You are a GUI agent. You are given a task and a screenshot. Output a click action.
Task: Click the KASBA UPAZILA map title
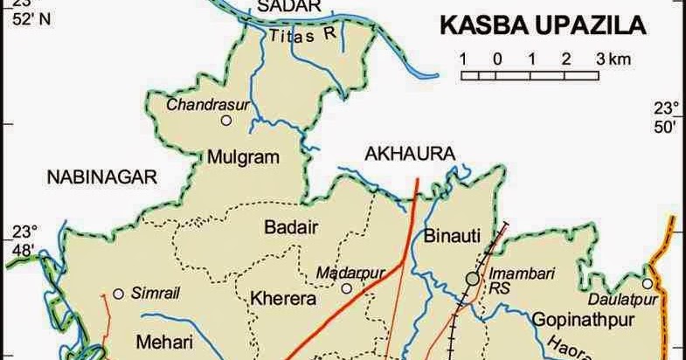click(542, 25)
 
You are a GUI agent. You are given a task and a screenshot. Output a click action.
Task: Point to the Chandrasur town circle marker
click(227, 121)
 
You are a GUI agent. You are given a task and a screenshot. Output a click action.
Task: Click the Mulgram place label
click(242, 157)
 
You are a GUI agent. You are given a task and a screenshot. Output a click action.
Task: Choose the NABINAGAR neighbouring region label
click(101, 177)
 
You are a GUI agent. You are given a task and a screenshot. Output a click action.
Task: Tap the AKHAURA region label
click(410, 155)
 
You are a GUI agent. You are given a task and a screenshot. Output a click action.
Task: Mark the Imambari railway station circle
click(473, 279)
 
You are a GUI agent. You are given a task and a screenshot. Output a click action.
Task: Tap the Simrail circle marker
click(117, 294)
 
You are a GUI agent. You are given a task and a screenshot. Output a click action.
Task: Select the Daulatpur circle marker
click(647, 283)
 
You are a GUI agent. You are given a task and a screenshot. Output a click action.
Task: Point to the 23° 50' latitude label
click(667, 118)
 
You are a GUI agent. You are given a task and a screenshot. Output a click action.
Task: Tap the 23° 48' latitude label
click(23, 240)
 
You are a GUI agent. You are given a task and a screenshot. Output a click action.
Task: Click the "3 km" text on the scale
click(613, 59)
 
